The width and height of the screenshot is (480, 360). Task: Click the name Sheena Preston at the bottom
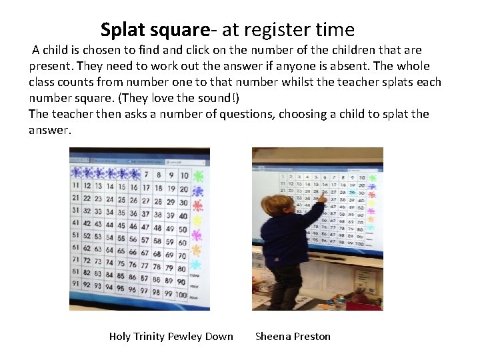[x=293, y=336]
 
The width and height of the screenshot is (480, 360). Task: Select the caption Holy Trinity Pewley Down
[x=171, y=336]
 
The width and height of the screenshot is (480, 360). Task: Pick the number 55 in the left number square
[x=121, y=238]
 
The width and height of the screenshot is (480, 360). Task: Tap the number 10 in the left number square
[x=183, y=176]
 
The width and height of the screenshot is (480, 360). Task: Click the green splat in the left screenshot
[x=197, y=176]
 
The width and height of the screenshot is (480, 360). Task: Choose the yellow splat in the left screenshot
[x=197, y=220]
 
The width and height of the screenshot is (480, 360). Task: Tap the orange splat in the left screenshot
[x=197, y=250]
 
